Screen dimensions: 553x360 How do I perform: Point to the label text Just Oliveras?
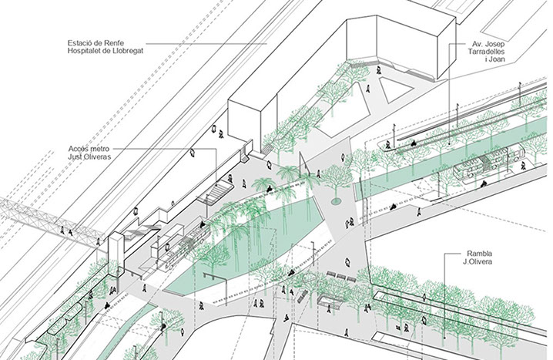coord(89,156)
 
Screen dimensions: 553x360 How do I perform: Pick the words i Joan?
coord(495,59)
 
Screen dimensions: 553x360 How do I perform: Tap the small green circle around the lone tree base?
coord(336,201)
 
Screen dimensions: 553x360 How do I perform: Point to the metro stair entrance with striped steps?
coord(216,193)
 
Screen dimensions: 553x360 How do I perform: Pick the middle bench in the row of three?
coord(342,276)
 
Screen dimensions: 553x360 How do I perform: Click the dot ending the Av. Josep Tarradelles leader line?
coord(449,143)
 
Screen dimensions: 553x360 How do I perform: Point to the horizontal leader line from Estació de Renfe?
coord(206,44)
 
